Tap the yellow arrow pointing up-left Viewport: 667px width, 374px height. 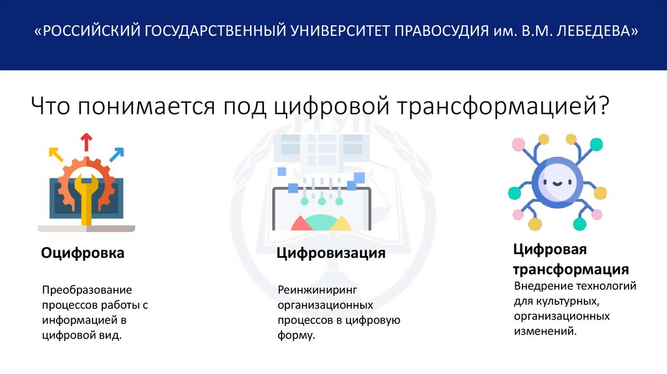click(56, 154)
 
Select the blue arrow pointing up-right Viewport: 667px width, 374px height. click(117, 154)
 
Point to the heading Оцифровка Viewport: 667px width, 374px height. click(83, 252)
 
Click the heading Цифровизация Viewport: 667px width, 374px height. click(331, 252)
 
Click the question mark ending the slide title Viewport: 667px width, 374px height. click(603, 105)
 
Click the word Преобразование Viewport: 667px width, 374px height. click(87, 289)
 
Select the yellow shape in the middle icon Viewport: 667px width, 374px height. click(341, 224)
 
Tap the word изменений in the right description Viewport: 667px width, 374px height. click(545, 331)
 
